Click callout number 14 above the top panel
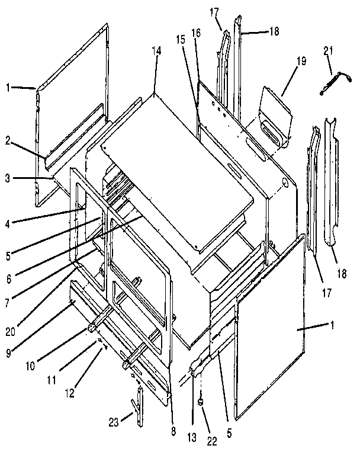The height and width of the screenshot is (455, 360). [156, 52]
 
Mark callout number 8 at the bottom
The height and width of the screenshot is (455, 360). [173, 431]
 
